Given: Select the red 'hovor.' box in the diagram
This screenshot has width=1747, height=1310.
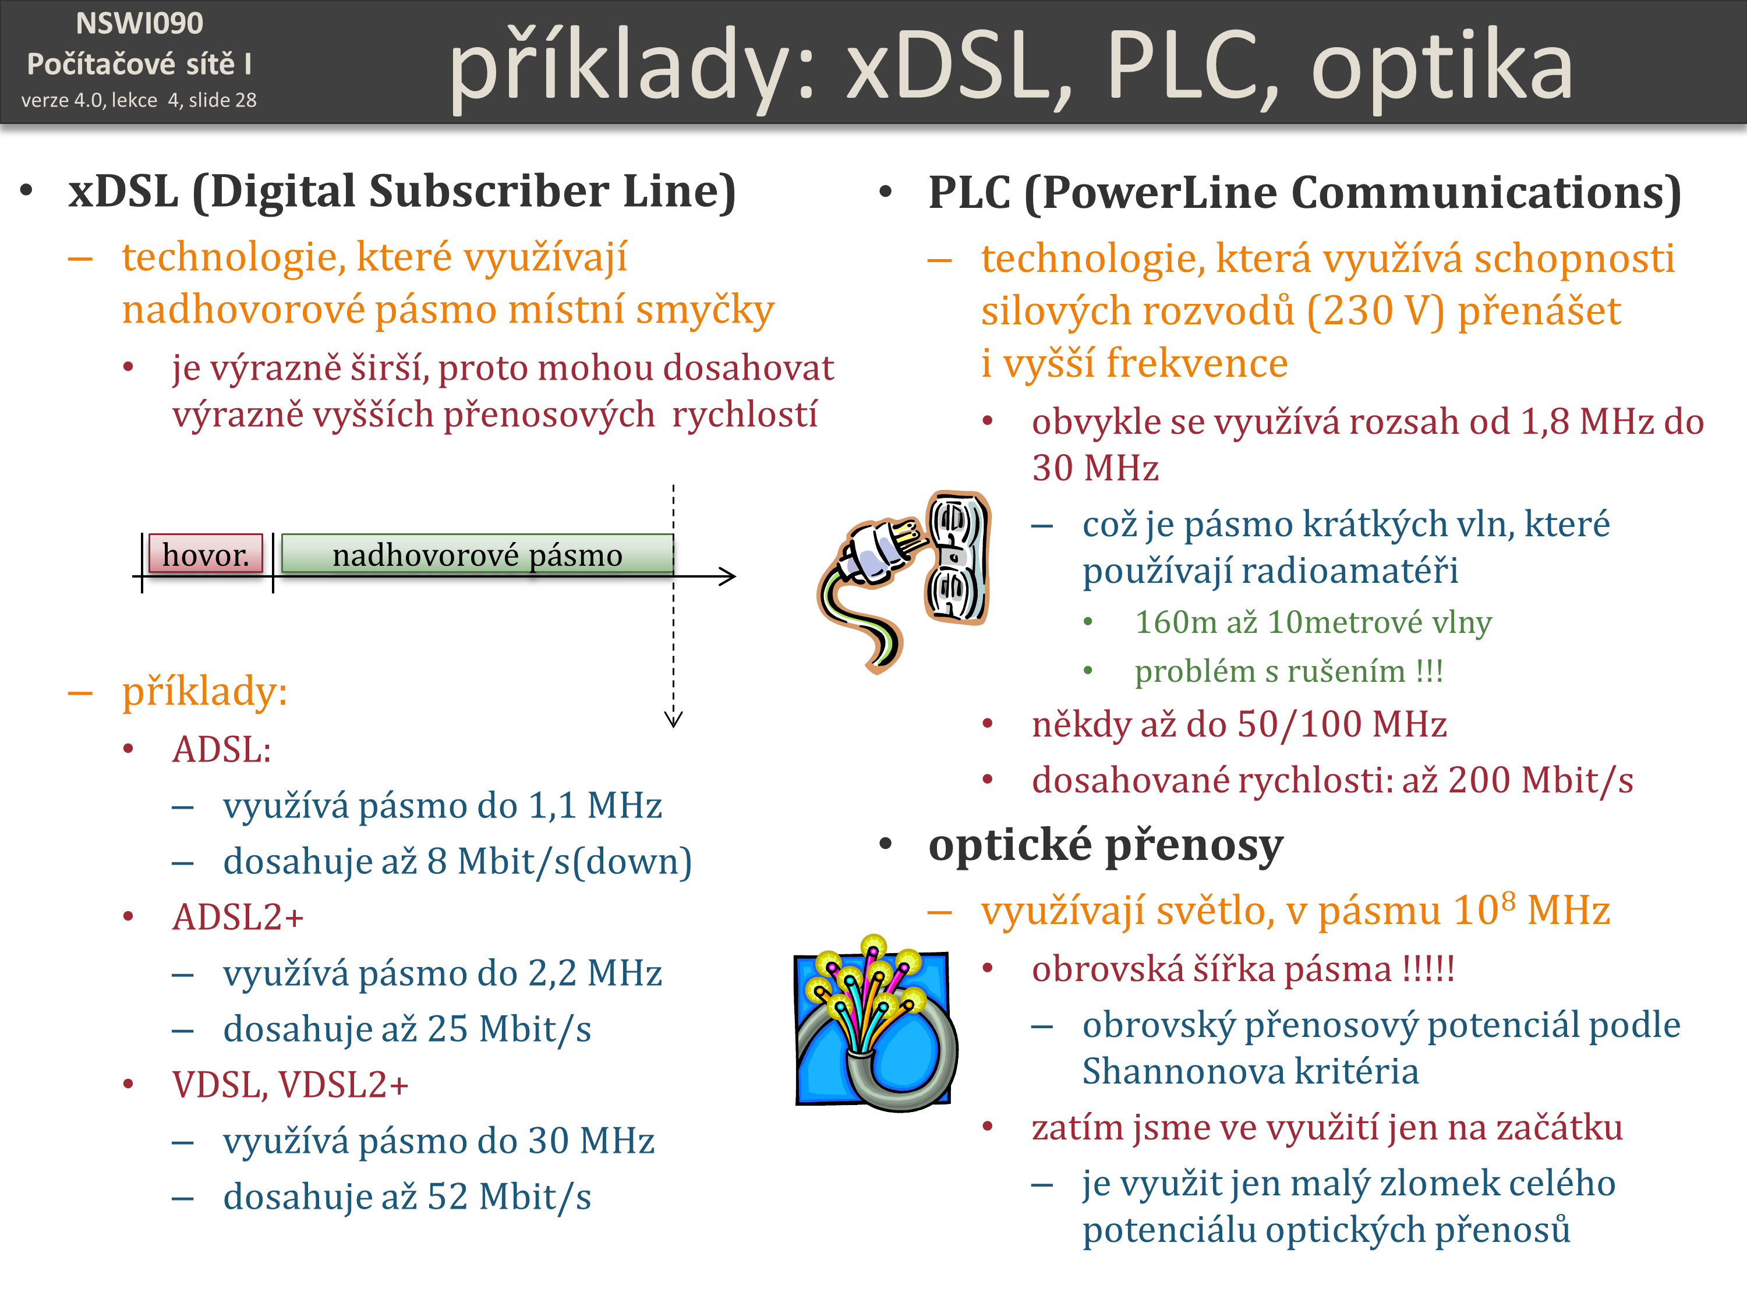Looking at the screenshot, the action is [206, 554].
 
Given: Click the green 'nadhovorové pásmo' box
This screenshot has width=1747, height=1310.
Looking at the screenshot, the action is [477, 554].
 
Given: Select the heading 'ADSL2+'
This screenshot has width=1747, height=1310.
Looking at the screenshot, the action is [238, 918].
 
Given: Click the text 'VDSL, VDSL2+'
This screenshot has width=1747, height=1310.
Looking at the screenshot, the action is [290, 1085].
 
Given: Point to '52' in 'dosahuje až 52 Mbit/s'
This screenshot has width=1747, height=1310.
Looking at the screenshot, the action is [448, 1197].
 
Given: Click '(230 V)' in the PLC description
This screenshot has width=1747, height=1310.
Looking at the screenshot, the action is [1375, 310].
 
